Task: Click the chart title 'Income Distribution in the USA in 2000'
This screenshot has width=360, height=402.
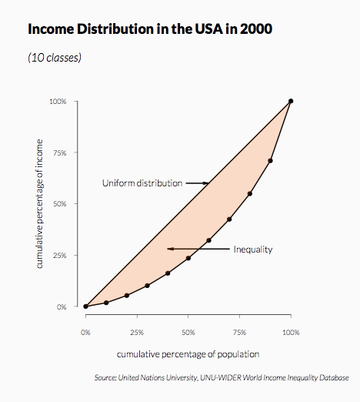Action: tap(150, 28)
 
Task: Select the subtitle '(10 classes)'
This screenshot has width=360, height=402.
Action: tap(55, 58)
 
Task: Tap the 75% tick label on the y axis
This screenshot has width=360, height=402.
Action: tap(60, 153)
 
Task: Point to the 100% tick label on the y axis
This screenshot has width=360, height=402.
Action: tap(58, 102)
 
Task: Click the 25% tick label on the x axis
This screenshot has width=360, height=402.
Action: tap(137, 333)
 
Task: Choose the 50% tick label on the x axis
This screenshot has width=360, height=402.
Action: tap(188, 333)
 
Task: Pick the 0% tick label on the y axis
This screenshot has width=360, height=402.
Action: tap(62, 307)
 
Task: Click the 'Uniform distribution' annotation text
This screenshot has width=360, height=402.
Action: tap(142, 183)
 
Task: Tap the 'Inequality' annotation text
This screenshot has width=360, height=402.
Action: tap(253, 250)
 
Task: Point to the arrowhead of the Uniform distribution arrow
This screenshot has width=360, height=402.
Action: tap(208, 183)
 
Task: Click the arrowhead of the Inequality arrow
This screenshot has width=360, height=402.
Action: tap(169, 249)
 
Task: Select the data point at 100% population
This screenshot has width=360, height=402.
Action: tap(291, 101)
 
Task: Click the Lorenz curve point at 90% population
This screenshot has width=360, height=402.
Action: tap(270, 161)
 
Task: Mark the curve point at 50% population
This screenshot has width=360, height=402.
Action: tap(188, 258)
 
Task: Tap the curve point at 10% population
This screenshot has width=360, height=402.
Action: tap(106, 303)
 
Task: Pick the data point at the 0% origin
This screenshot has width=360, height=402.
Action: tap(85, 307)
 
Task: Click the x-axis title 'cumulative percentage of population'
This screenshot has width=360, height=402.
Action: tap(188, 354)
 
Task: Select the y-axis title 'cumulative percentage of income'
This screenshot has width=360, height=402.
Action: tap(39, 204)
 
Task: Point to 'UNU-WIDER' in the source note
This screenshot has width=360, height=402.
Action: tap(221, 377)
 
